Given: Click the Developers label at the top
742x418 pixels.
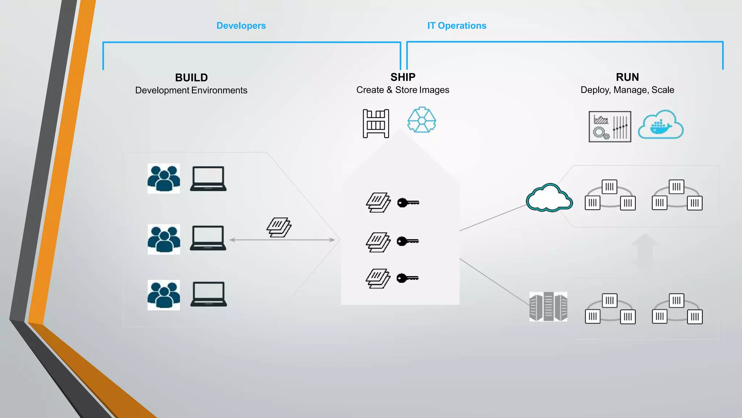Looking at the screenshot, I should click(241, 26).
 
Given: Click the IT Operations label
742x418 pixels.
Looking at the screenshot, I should click(457, 26).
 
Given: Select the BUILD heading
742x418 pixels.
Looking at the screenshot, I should click(191, 77).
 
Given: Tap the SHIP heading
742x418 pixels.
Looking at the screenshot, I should click(403, 77).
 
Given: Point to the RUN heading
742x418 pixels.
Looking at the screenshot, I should click(627, 77).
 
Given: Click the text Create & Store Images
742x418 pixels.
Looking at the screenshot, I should click(403, 90).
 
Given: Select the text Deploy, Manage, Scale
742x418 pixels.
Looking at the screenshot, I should click(627, 90).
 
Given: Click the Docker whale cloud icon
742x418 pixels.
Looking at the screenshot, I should click(660, 125).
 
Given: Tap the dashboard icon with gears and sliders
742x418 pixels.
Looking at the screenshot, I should click(610, 127).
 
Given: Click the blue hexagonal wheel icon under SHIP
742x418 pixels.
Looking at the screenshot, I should click(421, 120).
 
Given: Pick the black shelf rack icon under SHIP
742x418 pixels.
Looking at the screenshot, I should click(376, 124).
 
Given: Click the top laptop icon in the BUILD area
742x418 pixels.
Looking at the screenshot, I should click(208, 179).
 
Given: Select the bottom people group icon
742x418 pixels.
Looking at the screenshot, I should click(164, 295).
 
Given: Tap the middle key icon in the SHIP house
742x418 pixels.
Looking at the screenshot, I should click(408, 241).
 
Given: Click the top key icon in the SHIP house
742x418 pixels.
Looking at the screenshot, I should click(408, 202).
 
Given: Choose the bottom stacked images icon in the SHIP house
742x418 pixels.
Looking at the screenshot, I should click(378, 279).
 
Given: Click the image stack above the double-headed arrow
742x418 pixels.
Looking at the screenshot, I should click(279, 228).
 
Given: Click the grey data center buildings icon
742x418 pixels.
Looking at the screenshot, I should click(548, 307).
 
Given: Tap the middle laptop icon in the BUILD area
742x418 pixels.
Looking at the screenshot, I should click(208, 238).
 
